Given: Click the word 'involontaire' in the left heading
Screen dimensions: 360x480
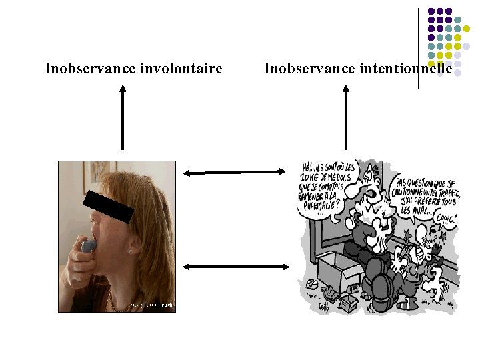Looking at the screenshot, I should pos(181,68).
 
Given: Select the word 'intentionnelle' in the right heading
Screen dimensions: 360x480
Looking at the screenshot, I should pos(415,68).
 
